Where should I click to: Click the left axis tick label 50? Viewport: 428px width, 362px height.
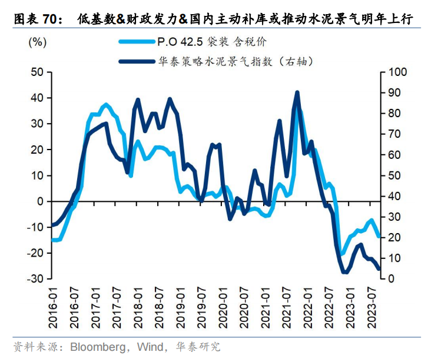point(37,72)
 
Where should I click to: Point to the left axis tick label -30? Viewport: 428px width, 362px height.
point(36,278)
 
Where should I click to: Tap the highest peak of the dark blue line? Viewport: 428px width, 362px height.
point(297,92)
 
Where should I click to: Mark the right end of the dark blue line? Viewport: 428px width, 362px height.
point(379,269)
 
